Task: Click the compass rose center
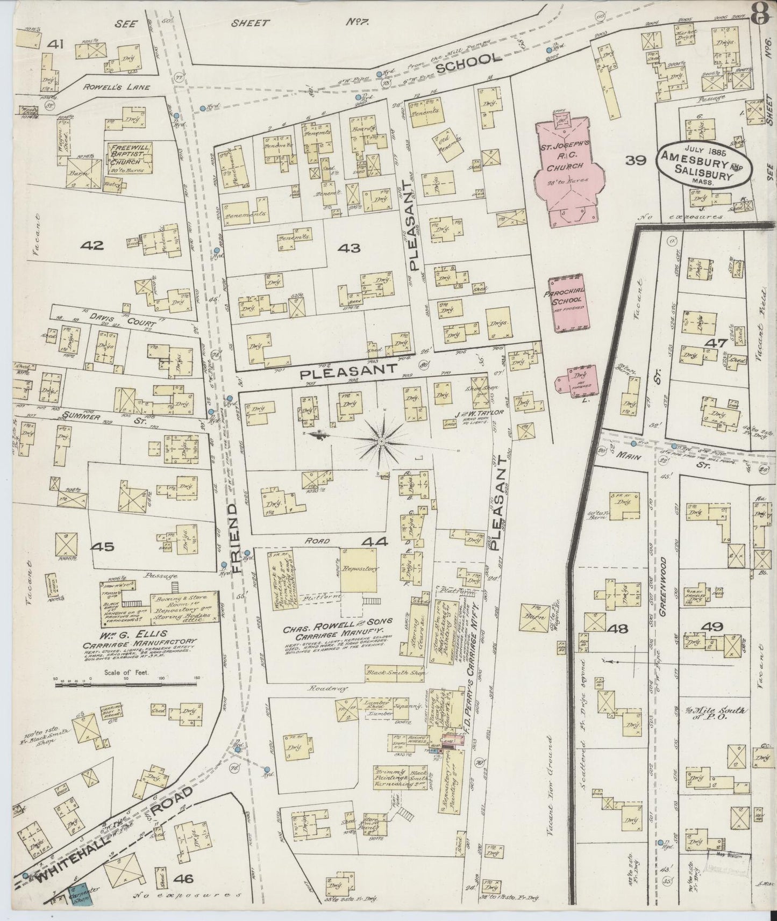point(381,442)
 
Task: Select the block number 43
point(350,248)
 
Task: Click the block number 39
point(636,161)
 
